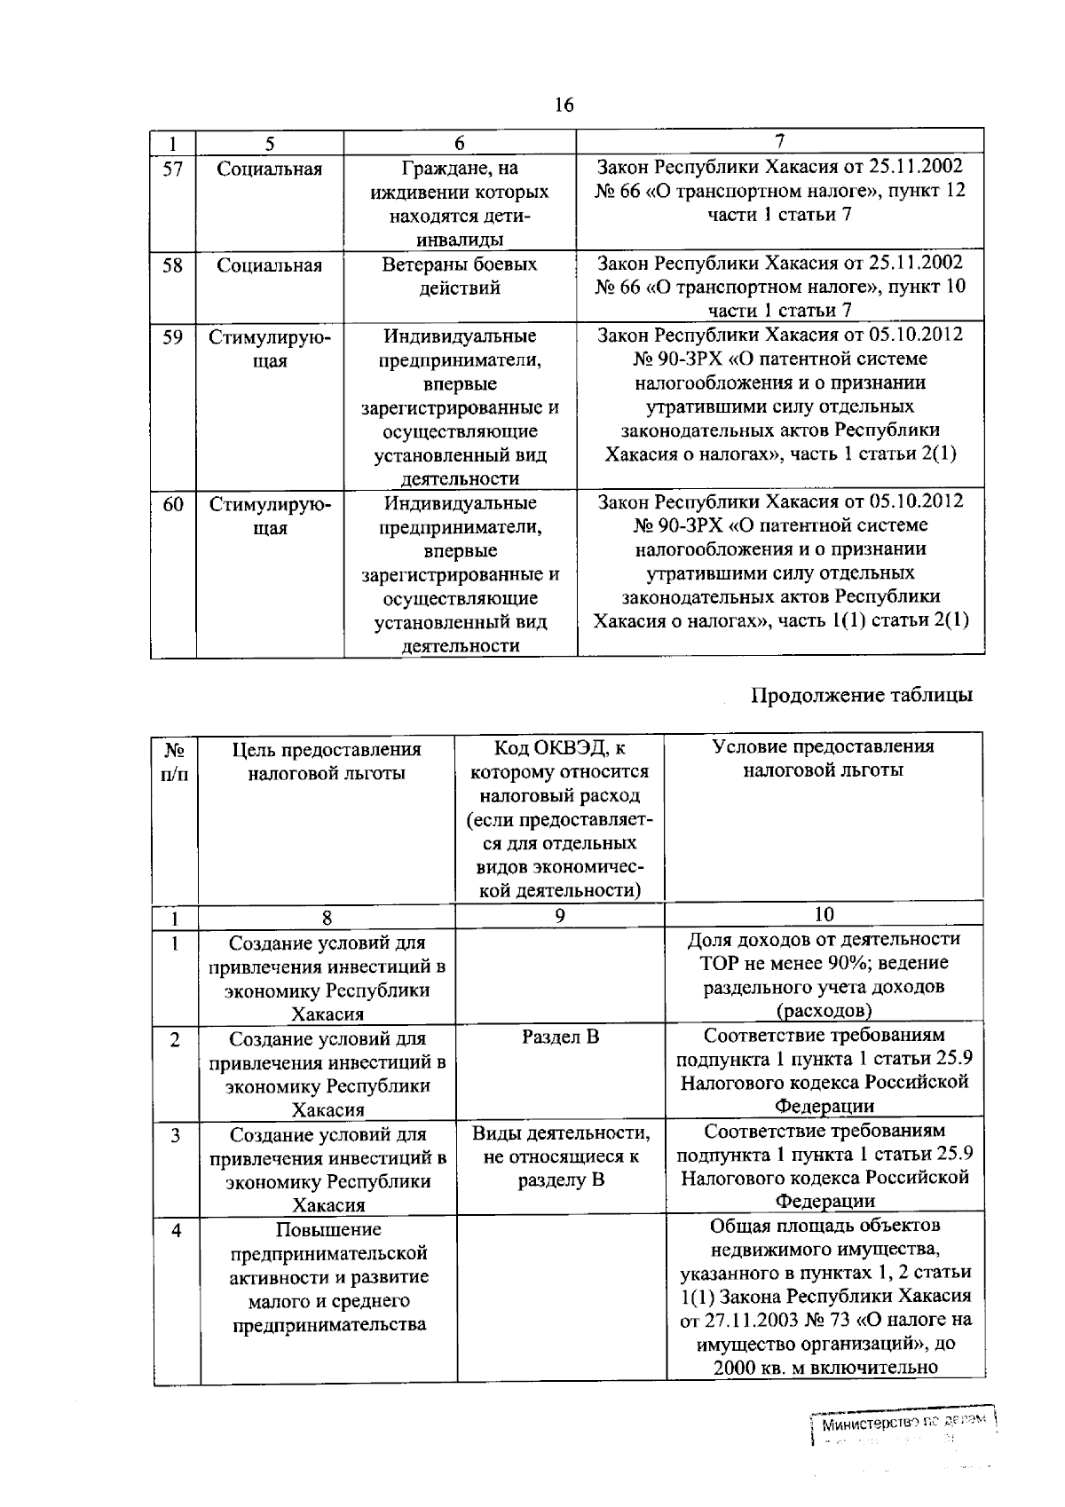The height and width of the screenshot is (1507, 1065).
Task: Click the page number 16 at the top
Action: [x=564, y=106]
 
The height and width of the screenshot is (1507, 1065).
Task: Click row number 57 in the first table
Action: [x=173, y=169]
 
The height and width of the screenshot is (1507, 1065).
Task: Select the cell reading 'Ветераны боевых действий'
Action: [x=460, y=276]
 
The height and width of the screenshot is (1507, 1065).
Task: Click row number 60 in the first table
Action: [x=173, y=504]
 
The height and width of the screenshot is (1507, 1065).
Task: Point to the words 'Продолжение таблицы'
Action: [x=862, y=694]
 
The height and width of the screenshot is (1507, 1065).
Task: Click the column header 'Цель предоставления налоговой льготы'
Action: [x=327, y=761]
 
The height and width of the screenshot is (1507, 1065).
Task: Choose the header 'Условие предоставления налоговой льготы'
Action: [x=824, y=758]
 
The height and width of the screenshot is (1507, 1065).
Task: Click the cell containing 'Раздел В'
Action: [x=560, y=1036]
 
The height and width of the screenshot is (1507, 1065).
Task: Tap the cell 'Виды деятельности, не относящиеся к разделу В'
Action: [x=560, y=1156]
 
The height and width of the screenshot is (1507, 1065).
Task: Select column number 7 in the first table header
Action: [x=779, y=140]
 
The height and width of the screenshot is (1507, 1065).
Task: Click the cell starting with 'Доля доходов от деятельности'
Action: [x=824, y=974]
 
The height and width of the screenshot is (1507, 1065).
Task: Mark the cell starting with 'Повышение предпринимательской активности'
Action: [x=327, y=1277]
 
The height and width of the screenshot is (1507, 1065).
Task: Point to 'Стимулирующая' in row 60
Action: [x=270, y=516]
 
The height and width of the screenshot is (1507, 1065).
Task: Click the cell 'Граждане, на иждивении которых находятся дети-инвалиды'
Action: [x=460, y=204]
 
